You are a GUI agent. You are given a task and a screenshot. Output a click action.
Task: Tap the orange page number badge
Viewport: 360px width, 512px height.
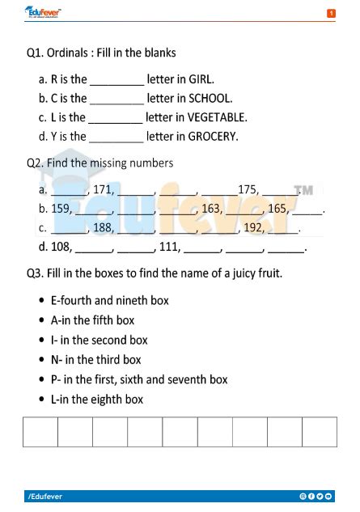[330, 14]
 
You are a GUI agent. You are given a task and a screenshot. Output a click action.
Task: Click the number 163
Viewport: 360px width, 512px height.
[212, 209]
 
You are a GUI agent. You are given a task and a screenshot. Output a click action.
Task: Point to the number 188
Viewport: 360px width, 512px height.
[103, 228]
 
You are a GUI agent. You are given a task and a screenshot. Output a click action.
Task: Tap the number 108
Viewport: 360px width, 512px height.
[62, 247]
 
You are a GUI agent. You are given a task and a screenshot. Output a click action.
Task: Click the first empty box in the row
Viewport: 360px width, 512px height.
[40, 432]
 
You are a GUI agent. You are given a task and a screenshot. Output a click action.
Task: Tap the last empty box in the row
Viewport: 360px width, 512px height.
[319, 432]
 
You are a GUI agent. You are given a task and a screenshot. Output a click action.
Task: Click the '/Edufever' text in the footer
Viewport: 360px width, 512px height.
[45, 496]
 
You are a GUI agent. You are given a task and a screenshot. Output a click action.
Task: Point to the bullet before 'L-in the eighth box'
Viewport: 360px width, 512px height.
[41, 400]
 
